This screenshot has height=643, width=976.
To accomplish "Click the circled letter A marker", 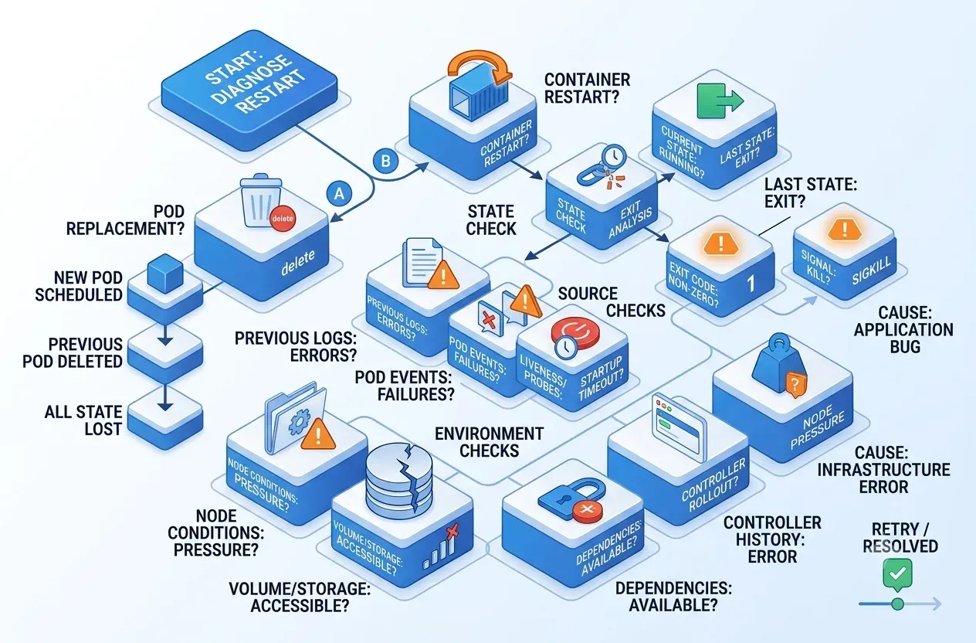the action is (x=339, y=193).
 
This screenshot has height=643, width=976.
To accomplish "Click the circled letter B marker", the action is (x=385, y=161).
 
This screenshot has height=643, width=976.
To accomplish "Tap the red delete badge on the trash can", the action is (x=283, y=219).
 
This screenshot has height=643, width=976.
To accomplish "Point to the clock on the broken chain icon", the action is (x=615, y=156).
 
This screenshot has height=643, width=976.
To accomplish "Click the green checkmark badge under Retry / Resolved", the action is (x=897, y=574).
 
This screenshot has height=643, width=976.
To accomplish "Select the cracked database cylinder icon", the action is (x=398, y=479).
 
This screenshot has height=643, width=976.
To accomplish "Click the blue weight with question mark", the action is (x=780, y=366).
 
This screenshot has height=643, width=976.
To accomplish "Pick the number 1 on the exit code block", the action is (x=751, y=284).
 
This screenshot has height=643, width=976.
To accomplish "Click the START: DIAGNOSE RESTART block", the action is (x=249, y=90).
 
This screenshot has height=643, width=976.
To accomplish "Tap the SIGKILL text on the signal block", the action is (x=871, y=271).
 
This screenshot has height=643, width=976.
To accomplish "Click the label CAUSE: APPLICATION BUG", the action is (x=903, y=329).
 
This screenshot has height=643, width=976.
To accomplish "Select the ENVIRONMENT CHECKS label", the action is (x=490, y=442).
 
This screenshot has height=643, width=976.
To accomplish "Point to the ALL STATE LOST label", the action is (x=83, y=420).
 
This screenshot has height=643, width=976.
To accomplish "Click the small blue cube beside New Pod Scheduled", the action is (x=165, y=274).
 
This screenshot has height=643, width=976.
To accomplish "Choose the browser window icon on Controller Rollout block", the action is (x=679, y=427).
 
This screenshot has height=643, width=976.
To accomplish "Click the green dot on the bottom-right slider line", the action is (x=897, y=604).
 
